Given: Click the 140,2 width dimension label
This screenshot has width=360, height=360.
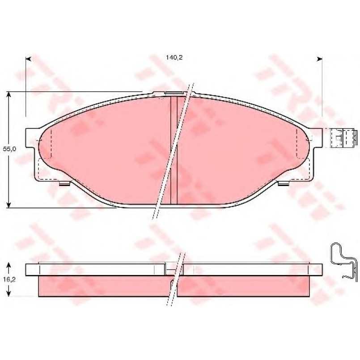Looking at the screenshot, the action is pyautogui.click(x=174, y=57).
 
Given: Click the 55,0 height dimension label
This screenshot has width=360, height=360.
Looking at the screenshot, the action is pyautogui.click(x=9, y=149).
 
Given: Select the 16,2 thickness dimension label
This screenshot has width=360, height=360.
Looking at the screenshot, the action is pyautogui.click(x=9, y=280).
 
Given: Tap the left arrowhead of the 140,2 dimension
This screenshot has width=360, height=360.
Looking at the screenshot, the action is pyautogui.click(x=28, y=59).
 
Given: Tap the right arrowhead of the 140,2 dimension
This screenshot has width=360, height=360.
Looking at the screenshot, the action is pyautogui.click(x=319, y=59).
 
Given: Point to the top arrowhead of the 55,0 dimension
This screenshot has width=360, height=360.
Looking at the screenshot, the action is pyautogui.click(x=8, y=94).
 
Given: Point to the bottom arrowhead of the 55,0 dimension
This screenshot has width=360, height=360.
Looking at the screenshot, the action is pyautogui.click(x=8, y=205).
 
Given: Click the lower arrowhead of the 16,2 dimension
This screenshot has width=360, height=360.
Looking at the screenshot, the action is pyautogui.click(x=8, y=294).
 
